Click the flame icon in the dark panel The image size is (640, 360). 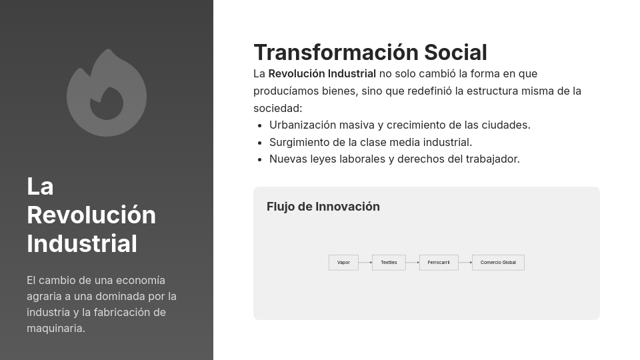(107, 93)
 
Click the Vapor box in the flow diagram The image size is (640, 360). (343, 263)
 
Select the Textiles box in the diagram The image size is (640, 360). (389, 263)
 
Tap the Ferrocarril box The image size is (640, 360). (439, 263)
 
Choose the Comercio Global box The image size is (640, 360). (498, 263)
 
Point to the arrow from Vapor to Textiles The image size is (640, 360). (365, 263)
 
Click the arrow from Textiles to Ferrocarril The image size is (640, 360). (413, 263)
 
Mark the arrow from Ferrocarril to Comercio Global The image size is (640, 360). (465, 263)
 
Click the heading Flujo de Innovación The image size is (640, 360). (323, 207)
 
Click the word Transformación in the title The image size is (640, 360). (336, 53)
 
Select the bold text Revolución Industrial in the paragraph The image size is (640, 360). (322, 74)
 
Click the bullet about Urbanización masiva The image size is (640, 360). (400, 125)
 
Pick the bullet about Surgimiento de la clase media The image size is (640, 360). (371, 142)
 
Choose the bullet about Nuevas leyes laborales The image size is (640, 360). (395, 159)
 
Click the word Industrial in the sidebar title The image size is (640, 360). (82, 244)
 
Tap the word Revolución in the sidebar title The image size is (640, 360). (91, 215)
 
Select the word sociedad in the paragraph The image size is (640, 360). (277, 109)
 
